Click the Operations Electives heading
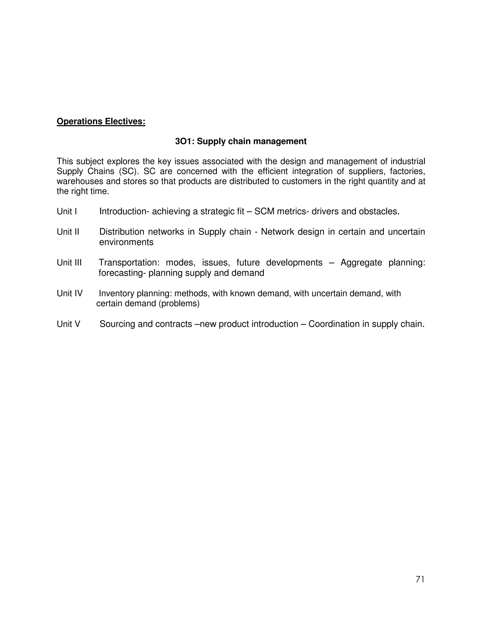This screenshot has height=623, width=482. point(101,122)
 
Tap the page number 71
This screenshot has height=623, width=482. point(420,579)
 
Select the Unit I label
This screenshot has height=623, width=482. point(67,211)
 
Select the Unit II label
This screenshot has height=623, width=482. point(68,232)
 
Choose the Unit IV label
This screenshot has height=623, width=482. point(69,294)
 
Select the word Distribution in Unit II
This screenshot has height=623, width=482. point(122,232)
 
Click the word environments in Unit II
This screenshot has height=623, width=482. point(126,242)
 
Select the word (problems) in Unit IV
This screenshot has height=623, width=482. point(179,304)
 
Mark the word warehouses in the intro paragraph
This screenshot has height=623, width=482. point(80,181)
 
